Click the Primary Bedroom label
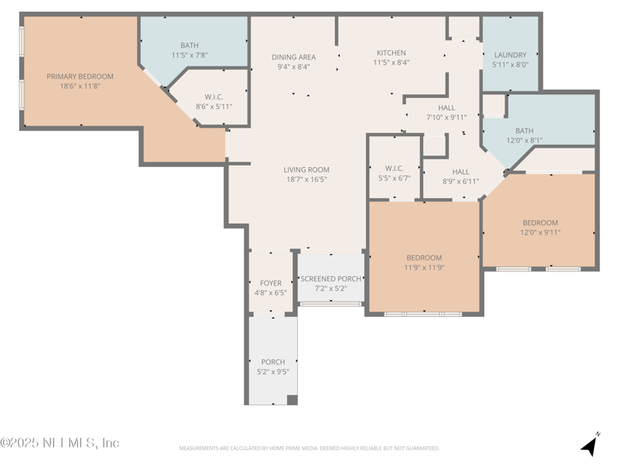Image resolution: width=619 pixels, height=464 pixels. (x=80, y=76)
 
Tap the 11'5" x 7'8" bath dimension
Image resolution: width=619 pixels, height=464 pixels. (x=190, y=55)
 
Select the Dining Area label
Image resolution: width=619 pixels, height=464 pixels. (x=294, y=56)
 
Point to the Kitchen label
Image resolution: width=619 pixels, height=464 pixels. (x=392, y=53)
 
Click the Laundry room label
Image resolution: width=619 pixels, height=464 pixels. (x=511, y=55)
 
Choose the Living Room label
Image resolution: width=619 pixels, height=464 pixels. (x=306, y=169)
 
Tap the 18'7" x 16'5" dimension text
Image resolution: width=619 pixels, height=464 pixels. (x=306, y=179)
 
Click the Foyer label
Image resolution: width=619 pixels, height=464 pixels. (x=271, y=283)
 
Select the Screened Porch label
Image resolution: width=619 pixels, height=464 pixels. (x=331, y=278)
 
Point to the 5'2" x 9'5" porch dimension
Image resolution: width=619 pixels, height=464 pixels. (x=273, y=372)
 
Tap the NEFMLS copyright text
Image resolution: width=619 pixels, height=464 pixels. (x=60, y=442)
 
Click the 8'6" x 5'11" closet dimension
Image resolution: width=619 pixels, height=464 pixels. (x=214, y=107)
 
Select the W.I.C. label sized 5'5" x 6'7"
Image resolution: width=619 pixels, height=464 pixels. (x=395, y=169)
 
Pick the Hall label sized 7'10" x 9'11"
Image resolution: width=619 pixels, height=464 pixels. (x=446, y=107)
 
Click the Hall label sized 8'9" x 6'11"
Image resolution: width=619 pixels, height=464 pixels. (x=460, y=172)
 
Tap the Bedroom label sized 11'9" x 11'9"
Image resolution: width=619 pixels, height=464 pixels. (x=424, y=258)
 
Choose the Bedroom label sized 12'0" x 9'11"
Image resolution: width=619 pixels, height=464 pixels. (x=540, y=223)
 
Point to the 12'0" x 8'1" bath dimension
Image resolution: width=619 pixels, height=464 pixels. (x=525, y=141)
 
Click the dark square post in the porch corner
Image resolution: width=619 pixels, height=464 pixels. (x=292, y=400)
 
